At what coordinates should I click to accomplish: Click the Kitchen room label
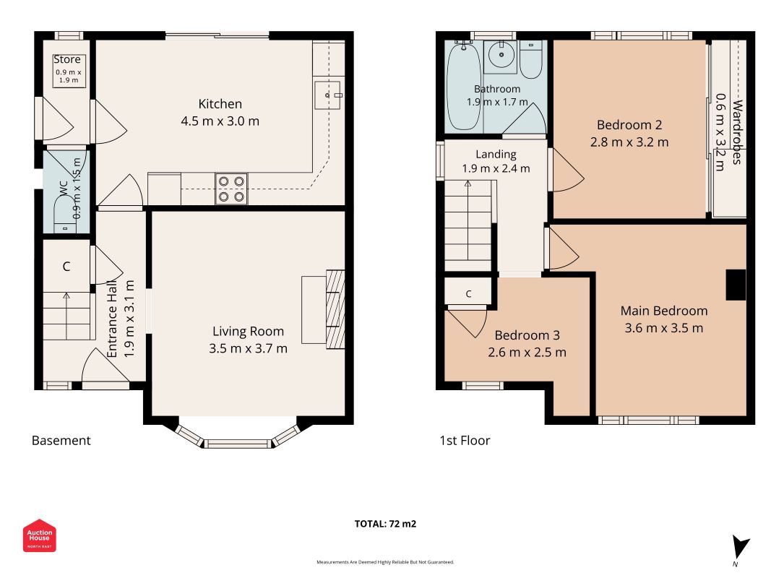(x=220, y=104)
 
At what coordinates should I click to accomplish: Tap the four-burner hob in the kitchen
(x=231, y=189)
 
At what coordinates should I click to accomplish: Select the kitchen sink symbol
(x=329, y=95)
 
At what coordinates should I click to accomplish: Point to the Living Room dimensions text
(x=248, y=348)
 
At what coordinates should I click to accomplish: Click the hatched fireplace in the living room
(x=335, y=309)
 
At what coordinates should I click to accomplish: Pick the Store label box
(x=69, y=71)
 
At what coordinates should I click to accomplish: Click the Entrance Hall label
(x=112, y=319)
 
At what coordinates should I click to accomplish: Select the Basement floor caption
(x=61, y=441)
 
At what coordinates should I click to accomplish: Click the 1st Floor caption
(x=465, y=441)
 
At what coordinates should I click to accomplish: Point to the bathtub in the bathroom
(x=464, y=86)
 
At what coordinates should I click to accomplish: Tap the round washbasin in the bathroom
(x=501, y=56)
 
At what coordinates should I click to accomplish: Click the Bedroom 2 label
(x=629, y=125)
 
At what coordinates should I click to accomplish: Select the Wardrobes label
(x=737, y=131)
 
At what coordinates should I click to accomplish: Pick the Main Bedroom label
(x=664, y=311)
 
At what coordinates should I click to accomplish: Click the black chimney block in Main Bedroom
(x=736, y=285)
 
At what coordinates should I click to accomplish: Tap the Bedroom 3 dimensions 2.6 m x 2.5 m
(x=527, y=353)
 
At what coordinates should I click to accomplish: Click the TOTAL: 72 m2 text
(x=386, y=524)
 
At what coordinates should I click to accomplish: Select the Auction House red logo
(x=39, y=535)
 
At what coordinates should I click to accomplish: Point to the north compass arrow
(x=740, y=546)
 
